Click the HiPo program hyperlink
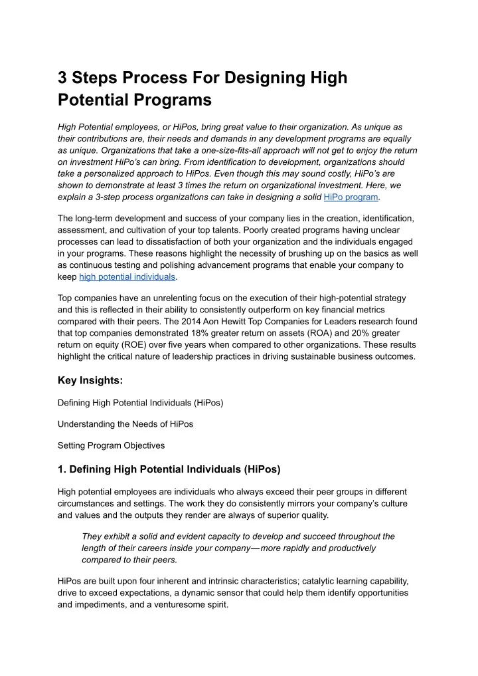351,197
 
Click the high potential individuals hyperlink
127,277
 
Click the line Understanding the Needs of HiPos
125,423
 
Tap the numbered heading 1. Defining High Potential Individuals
169,469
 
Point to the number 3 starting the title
63,78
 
